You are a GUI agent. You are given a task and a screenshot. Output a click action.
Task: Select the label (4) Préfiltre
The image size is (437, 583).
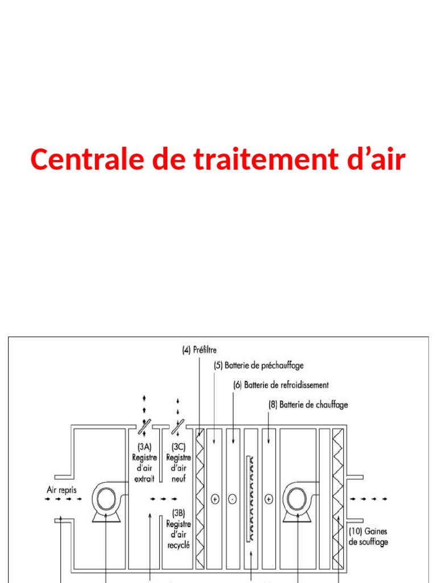199,351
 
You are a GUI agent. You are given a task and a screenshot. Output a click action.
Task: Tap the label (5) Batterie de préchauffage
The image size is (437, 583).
258,366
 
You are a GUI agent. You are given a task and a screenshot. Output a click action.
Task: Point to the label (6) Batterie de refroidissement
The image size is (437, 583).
281,385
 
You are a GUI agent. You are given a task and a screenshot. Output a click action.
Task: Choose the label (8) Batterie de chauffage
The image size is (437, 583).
308,405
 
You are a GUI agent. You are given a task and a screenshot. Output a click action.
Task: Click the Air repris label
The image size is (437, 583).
62,489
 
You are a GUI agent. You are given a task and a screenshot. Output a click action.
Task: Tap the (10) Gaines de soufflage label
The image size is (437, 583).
368,536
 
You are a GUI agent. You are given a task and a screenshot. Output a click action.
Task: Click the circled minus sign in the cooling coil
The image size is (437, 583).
232,499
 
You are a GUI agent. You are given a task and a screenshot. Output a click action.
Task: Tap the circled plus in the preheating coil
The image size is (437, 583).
215,499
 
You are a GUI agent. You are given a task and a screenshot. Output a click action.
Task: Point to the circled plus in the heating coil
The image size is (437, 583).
269,499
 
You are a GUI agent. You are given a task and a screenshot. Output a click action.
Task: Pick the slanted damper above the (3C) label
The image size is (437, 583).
180,425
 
